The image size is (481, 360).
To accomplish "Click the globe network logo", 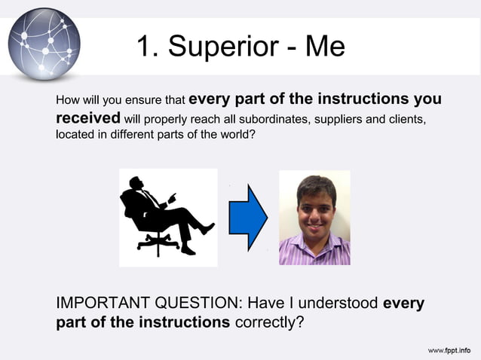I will coord(44,42).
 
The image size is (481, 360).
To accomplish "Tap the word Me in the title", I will coord(325,47).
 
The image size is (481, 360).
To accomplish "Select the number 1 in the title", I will coord(146,47).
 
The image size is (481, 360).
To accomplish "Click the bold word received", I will coord(88,117).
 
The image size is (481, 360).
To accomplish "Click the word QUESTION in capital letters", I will coord(198,304).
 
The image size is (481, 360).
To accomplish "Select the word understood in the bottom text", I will coord(336,304).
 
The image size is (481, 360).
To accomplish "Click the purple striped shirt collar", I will coord(314,243).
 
